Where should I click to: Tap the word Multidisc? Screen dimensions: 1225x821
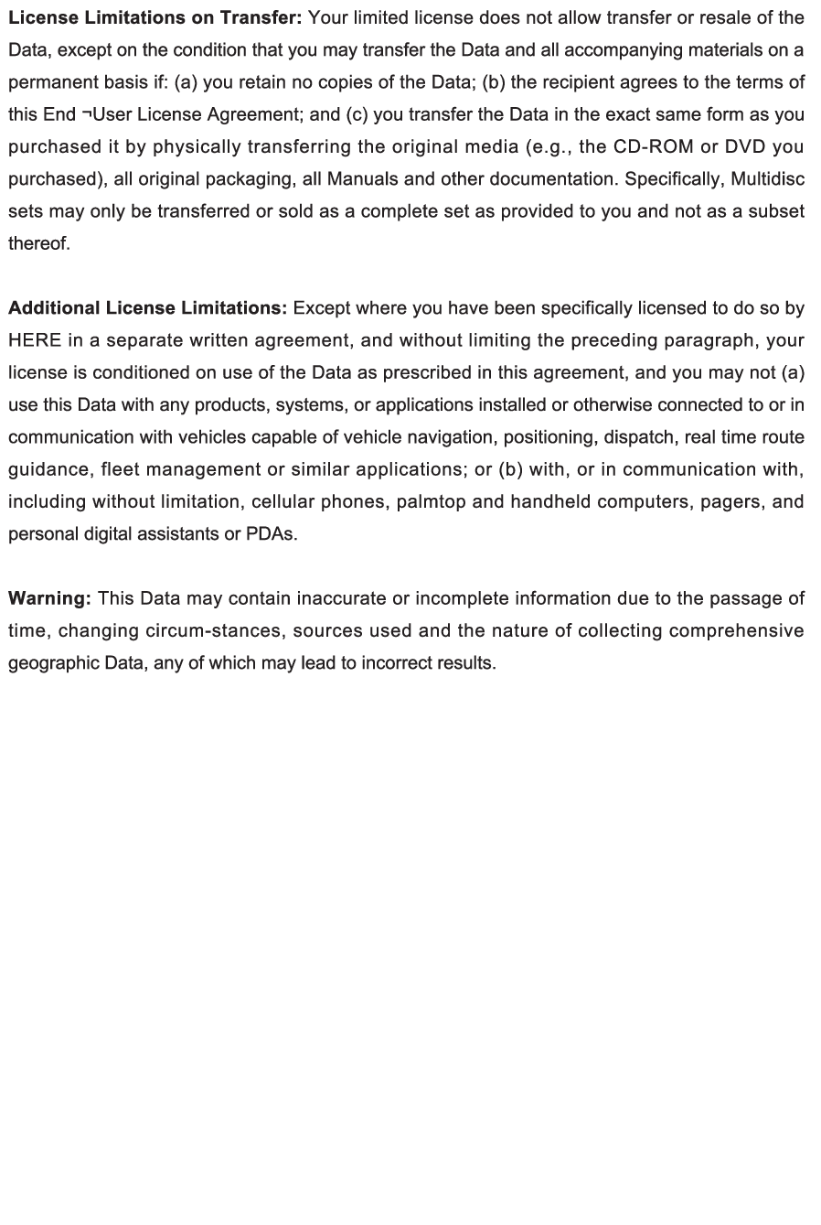coord(767,178)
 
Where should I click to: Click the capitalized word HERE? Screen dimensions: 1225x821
coord(35,340)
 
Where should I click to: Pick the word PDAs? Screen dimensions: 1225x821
coord(272,534)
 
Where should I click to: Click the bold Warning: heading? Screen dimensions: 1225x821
coord(49,598)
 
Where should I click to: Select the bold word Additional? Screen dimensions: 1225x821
coord(54,308)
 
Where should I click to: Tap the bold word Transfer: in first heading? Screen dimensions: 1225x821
coord(261,17)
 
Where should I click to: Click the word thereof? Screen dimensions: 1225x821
coord(39,243)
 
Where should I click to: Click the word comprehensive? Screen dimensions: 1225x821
coord(737,630)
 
